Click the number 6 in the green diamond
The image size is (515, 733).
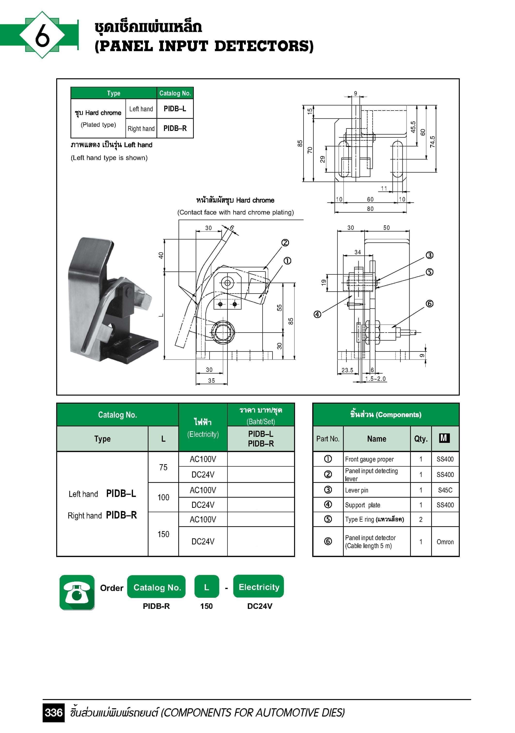(42, 35)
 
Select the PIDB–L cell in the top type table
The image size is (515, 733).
(175, 109)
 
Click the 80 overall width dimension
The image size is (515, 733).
(370, 209)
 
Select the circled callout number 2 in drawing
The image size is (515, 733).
(285, 243)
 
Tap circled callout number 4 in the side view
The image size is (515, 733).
(317, 314)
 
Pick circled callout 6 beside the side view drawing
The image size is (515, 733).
(429, 304)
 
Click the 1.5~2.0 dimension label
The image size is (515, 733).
(375, 379)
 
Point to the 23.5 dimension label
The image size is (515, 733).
(347, 370)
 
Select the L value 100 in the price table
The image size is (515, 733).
(163, 497)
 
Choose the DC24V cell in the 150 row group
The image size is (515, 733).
(203, 542)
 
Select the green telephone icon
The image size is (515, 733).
(77, 592)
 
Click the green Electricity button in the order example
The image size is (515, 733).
(259, 587)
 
